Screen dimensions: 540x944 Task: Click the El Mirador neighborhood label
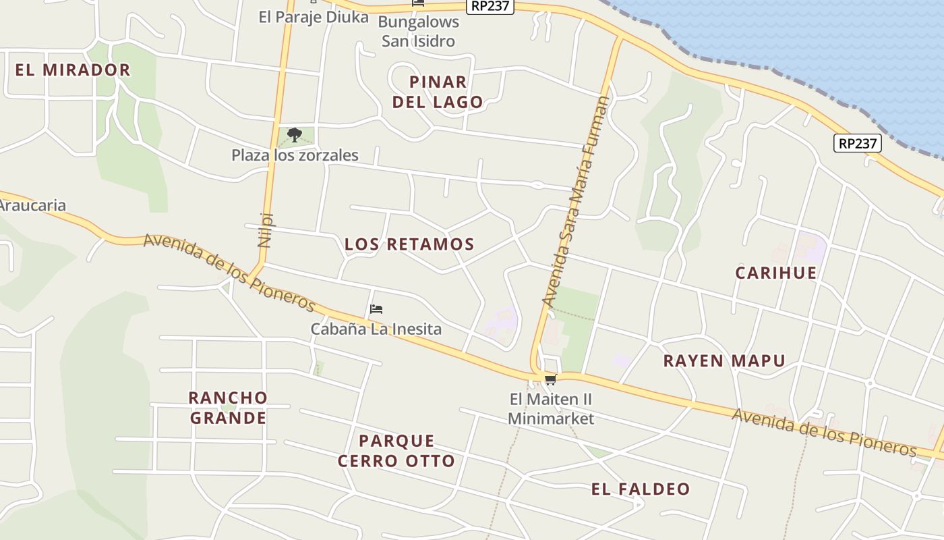73,70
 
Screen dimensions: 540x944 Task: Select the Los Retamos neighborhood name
409,244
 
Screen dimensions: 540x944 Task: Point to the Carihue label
775,273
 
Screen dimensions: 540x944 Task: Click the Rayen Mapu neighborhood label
724,360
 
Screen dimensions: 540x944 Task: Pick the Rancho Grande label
228,408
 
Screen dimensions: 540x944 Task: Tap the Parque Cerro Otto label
396,451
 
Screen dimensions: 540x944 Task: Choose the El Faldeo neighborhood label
641,489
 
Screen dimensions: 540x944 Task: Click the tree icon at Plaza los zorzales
294,135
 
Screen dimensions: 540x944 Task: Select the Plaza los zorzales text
295,155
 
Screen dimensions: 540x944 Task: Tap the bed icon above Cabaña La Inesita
376,309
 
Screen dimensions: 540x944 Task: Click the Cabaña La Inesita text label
376,329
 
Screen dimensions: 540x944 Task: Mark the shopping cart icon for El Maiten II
551,379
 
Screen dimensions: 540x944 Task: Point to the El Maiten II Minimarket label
551,409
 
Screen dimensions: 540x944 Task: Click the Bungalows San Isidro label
418,31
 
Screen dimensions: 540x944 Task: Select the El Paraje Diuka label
314,17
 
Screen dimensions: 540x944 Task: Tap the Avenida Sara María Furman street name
575,202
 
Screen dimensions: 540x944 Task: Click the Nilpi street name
266,230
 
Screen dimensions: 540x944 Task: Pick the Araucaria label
32,206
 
